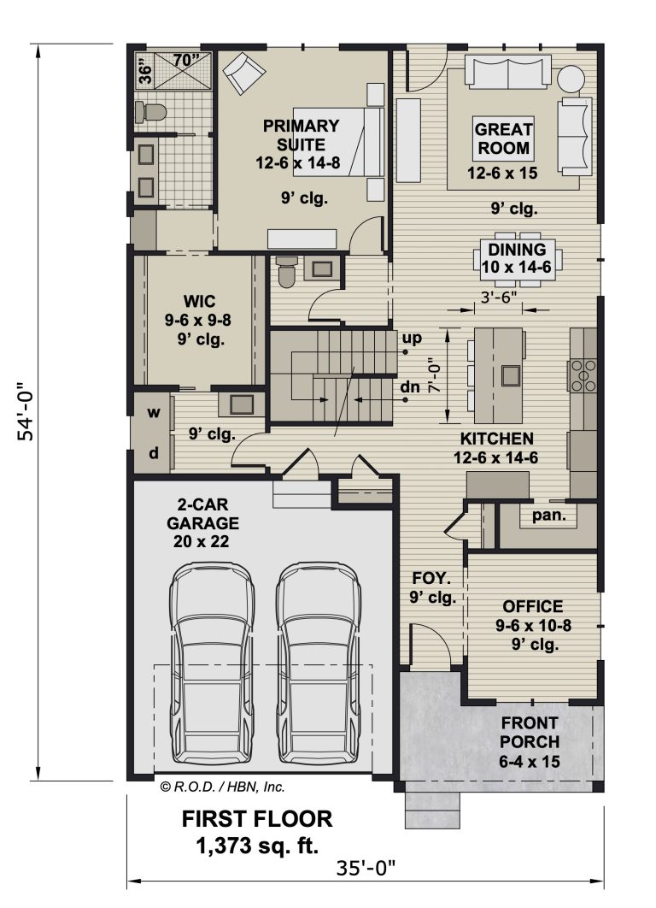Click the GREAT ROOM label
point(503,139)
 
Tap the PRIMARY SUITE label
point(301,135)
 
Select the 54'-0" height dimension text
point(28,411)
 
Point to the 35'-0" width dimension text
point(366,869)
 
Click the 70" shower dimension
point(186,60)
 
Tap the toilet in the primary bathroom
point(149,112)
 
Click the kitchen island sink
point(510,375)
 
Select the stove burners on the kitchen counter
point(583,375)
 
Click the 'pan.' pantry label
point(548,514)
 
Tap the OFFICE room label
point(532,606)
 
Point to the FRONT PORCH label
point(530,733)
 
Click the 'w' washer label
point(153,412)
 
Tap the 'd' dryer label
point(153,452)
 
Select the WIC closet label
point(199,302)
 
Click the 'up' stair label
point(412,338)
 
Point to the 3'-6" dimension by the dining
point(499,297)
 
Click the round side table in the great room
point(571,78)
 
